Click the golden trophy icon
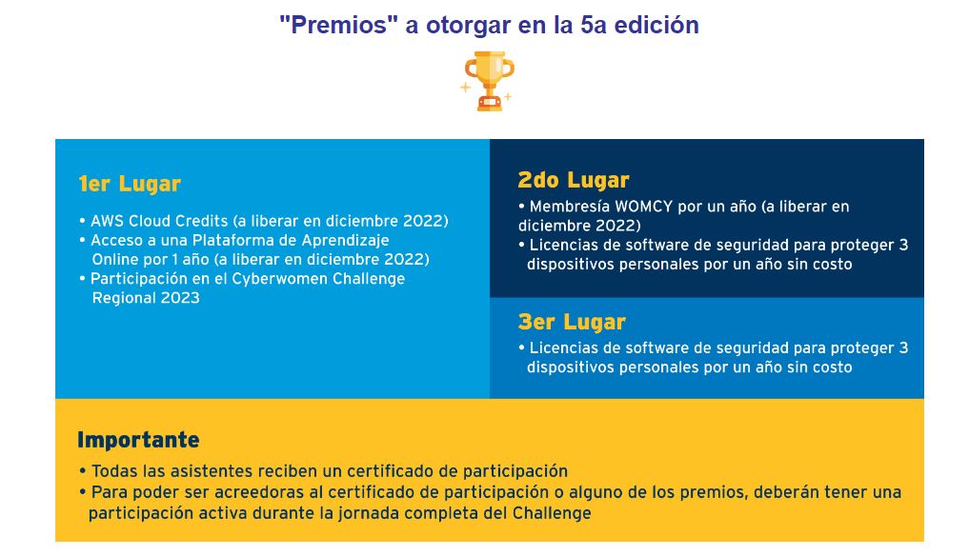pyautogui.click(x=488, y=81)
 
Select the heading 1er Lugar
pyautogui.click(x=130, y=184)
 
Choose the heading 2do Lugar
pyautogui.click(x=574, y=179)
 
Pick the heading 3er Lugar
pyautogui.click(x=572, y=321)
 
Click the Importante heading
pyautogui.click(x=138, y=439)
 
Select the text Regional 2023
pyautogui.click(x=146, y=298)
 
